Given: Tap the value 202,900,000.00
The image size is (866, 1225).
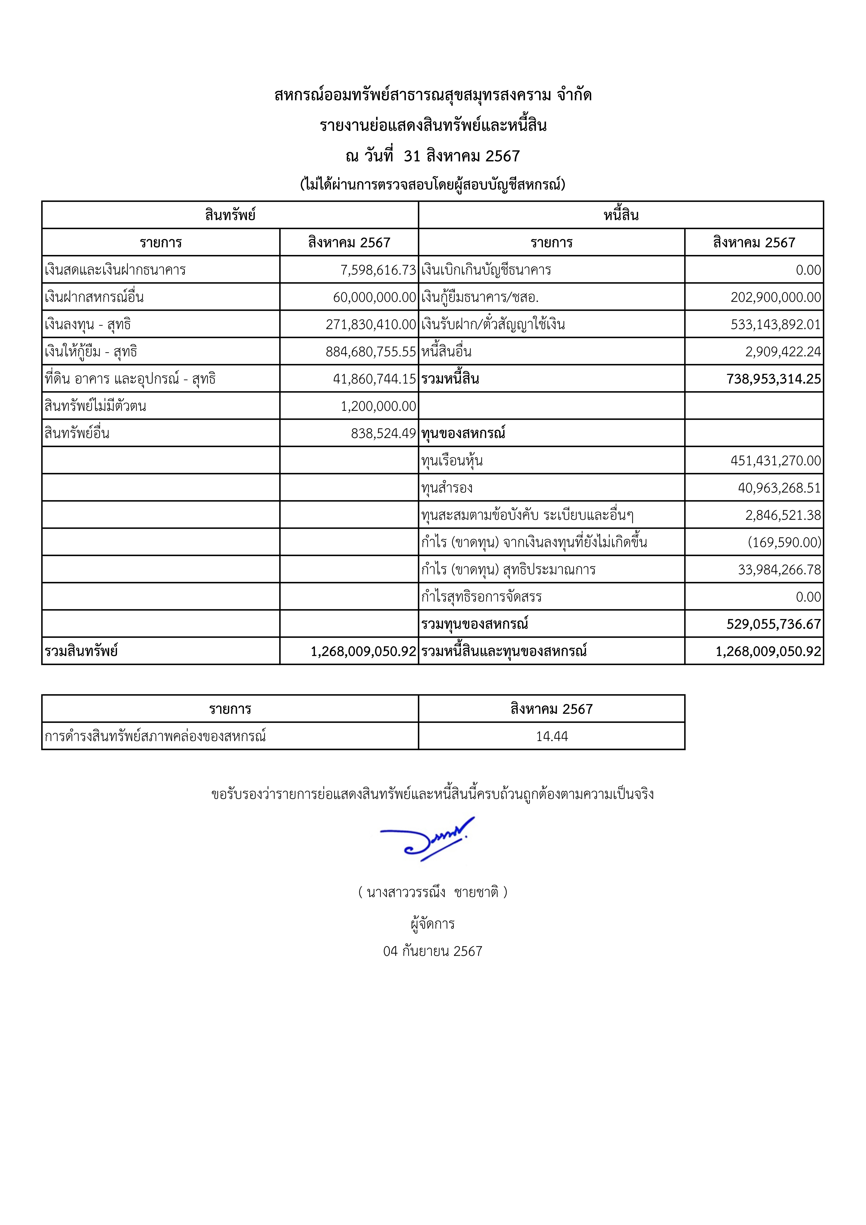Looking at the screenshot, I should [x=775, y=297].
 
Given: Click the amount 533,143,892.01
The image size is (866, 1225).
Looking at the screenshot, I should [x=775, y=324].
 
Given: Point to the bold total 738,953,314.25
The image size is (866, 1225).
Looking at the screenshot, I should [x=773, y=379].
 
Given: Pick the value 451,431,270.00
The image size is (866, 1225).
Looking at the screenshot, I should [x=775, y=460].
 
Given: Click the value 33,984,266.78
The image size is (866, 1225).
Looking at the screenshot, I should [x=779, y=569].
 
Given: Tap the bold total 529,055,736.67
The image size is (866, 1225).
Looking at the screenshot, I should [x=773, y=624].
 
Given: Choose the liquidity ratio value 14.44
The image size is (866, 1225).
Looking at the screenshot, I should [x=552, y=736].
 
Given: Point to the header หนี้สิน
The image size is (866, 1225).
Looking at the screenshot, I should [x=621, y=215].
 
